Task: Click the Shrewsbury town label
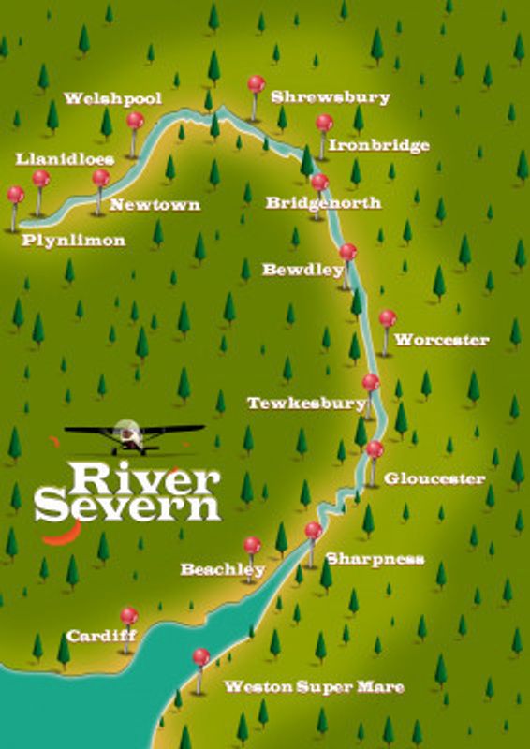coord(330,97)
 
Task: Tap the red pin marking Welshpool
coord(135,121)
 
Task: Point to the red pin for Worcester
coord(387,319)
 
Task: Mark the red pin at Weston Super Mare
coord(200,657)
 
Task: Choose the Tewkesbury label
coord(305,404)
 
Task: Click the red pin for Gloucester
coord(375,450)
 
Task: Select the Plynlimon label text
coord(75,241)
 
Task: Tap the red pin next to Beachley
coord(252,546)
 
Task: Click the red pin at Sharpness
coord(313,531)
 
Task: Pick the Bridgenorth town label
coord(323,202)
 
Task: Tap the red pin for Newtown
coord(100,178)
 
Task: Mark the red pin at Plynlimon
coord(16,196)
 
